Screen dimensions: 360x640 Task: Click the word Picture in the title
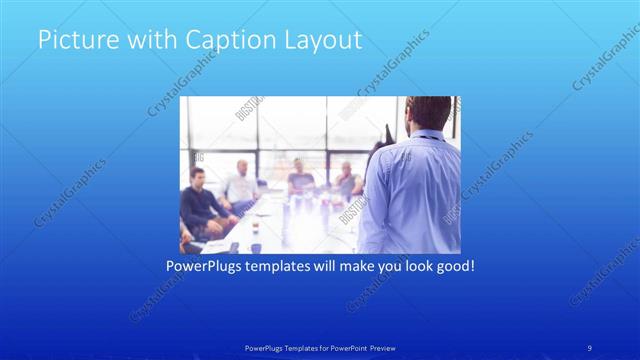pyautogui.click(x=71, y=41)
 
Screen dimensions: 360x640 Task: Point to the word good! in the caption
pyautogui.click(x=451, y=267)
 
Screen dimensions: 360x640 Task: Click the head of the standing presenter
pyautogui.click(x=430, y=112)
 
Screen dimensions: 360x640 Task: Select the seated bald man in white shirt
pyautogui.click(x=241, y=185)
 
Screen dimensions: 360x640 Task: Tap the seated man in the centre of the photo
pyautogui.click(x=301, y=180)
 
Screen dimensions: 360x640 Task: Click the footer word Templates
pyautogui.click(x=292, y=347)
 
